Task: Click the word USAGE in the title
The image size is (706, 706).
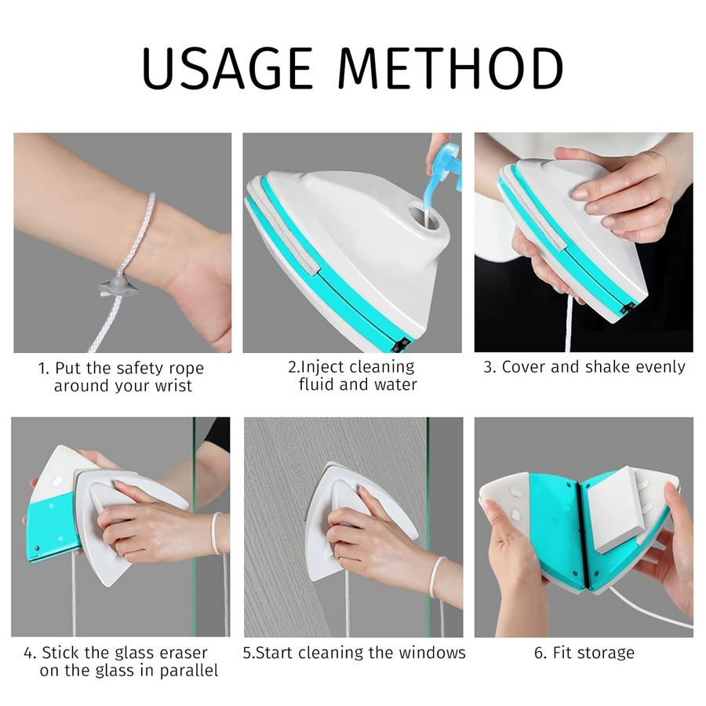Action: [227, 68]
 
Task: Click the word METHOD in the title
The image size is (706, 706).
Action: [450, 68]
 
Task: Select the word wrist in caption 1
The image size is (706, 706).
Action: [173, 386]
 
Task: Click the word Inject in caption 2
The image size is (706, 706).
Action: [322, 367]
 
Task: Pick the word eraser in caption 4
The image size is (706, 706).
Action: [184, 653]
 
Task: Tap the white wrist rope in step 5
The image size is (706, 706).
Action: [436, 577]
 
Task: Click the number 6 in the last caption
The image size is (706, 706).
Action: [540, 653]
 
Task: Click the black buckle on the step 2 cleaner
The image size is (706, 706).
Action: [400, 344]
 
